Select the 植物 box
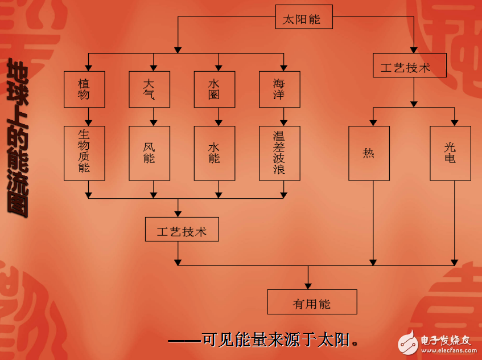(84, 89)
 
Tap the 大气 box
(149, 89)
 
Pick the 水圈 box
(215, 89)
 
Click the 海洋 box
(279, 89)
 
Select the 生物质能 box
(84, 153)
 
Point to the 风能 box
(149, 153)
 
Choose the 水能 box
(215, 153)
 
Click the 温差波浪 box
(279, 153)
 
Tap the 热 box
(369, 153)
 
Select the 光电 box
(450, 153)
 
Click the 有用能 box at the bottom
(312, 302)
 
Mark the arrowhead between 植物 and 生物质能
(89, 122)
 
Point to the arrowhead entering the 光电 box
(454, 122)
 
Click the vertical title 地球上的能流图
(18, 137)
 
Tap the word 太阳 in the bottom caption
(333, 340)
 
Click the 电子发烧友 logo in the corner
(435, 341)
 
